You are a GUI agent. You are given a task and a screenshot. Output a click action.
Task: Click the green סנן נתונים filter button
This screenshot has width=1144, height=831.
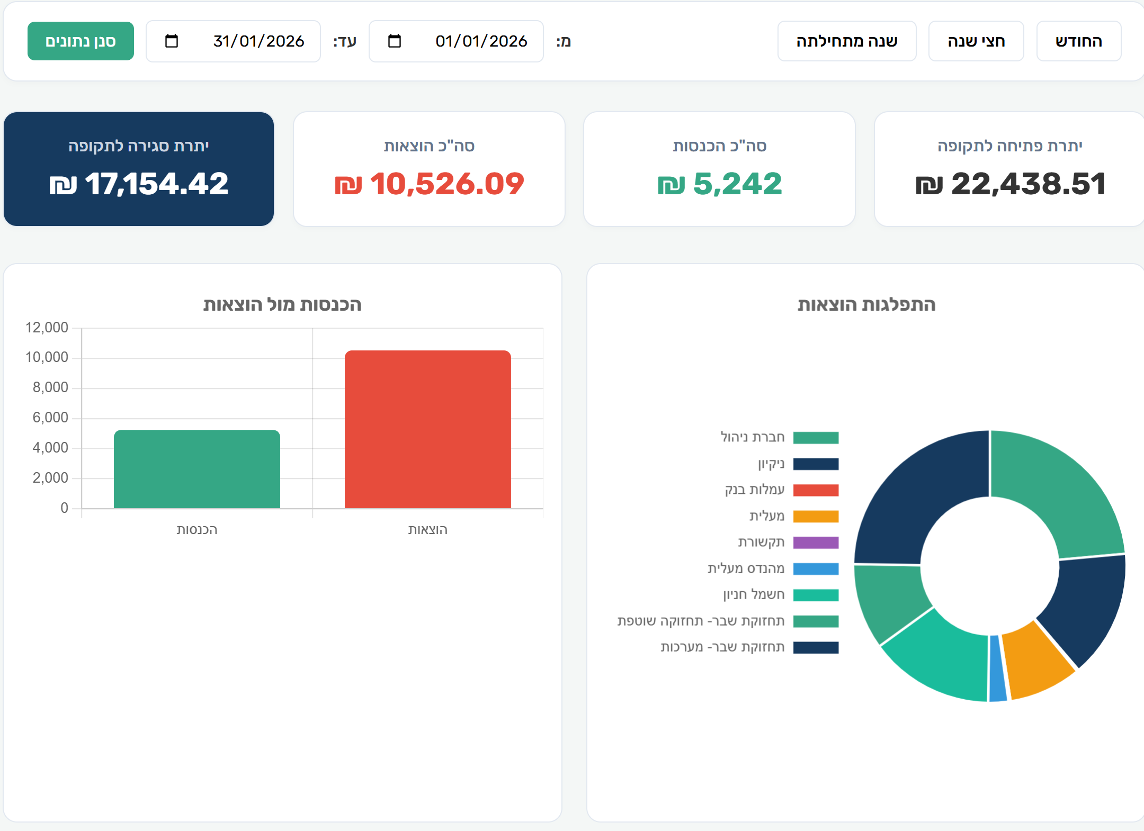click(x=81, y=41)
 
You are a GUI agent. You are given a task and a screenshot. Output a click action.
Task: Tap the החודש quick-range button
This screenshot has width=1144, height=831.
click(x=1078, y=41)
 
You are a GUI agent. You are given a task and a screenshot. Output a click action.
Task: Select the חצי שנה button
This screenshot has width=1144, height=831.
click(x=976, y=41)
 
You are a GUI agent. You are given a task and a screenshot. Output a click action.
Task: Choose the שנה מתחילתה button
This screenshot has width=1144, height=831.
click(x=847, y=41)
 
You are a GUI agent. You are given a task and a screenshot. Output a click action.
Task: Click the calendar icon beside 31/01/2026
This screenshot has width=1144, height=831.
click(x=172, y=41)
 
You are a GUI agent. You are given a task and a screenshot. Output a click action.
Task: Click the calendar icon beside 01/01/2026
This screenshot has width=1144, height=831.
click(x=395, y=41)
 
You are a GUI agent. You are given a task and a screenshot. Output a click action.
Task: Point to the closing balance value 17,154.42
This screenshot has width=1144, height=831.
click(x=139, y=184)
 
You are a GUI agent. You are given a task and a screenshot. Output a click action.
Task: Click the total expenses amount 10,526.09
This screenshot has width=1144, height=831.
click(x=429, y=184)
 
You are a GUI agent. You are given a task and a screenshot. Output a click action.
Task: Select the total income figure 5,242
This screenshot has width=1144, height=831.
click(x=719, y=184)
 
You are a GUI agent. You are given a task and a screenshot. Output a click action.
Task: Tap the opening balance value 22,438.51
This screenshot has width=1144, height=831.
click(x=1010, y=184)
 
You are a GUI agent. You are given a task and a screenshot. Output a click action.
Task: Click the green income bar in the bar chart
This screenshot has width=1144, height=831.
click(x=197, y=469)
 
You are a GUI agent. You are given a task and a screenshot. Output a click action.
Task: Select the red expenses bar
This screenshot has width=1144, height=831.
click(x=428, y=429)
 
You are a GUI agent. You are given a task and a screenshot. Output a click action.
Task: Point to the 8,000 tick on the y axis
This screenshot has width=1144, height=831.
click(x=50, y=387)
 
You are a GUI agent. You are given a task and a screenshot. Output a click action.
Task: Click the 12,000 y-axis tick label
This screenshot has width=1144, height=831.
click(x=47, y=328)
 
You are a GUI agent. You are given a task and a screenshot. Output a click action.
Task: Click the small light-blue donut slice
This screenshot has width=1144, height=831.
click(x=997, y=669)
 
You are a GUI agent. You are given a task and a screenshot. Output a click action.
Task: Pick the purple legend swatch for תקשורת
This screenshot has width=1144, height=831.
click(x=816, y=543)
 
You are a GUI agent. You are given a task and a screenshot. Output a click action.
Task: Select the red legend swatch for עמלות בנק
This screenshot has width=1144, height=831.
click(x=816, y=490)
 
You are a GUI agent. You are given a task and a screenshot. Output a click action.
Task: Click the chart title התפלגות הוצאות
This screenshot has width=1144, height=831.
click(x=866, y=305)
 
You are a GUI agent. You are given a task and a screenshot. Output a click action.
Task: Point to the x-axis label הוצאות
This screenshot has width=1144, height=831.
click(x=428, y=530)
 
